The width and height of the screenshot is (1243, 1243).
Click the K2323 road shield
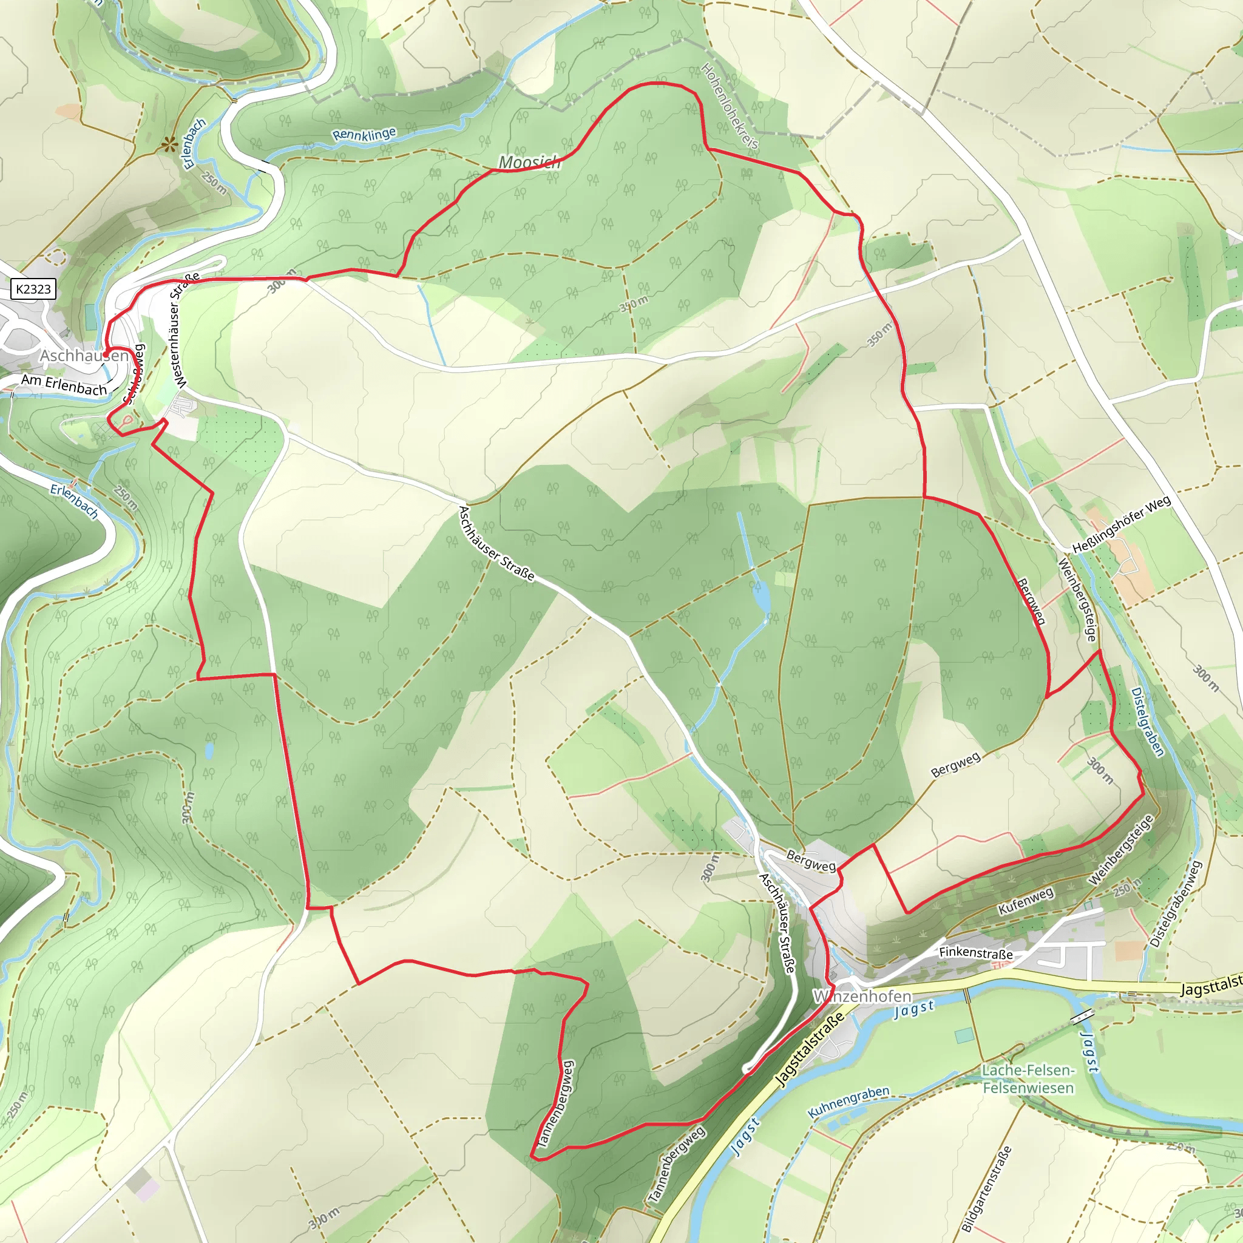[33, 289]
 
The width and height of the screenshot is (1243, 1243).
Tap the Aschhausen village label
[84, 356]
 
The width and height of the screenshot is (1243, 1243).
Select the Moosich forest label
[530, 163]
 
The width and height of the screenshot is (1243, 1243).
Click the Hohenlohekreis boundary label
[730, 106]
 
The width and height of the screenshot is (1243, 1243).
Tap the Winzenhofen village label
[862, 997]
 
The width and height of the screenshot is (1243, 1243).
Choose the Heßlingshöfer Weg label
[1122, 525]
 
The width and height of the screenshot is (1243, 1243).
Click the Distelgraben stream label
[1147, 722]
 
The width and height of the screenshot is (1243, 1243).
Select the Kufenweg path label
[1026, 900]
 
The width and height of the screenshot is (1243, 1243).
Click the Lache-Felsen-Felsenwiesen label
[1028, 1079]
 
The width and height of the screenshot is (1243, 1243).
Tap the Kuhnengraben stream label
[848, 1102]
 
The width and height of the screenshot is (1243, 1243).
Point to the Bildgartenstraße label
[987, 1188]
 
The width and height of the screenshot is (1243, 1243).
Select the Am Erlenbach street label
[64, 385]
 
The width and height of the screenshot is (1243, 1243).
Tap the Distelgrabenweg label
[1176, 904]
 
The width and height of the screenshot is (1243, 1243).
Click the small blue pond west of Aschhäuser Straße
[210, 750]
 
